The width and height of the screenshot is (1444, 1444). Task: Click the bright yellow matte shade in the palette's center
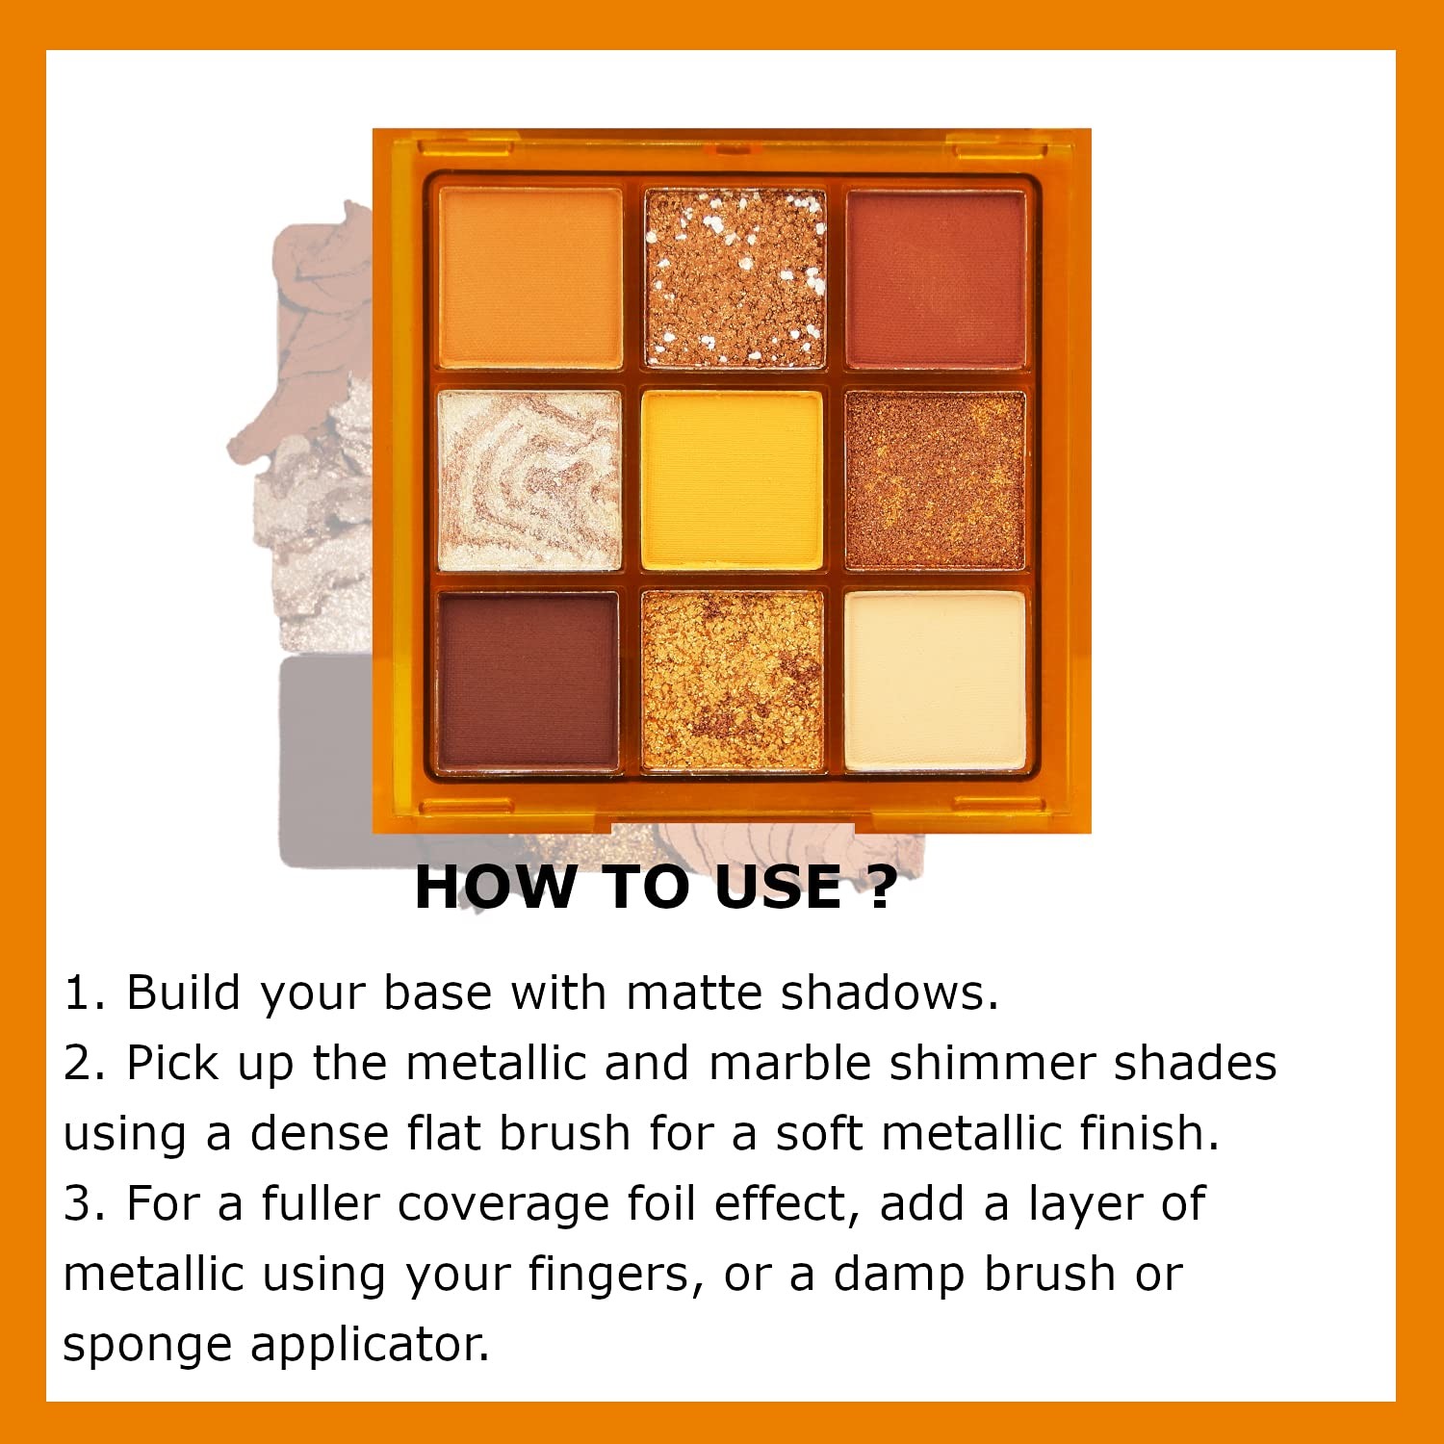pyautogui.click(x=733, y=480)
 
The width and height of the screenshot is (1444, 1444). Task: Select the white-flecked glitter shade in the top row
pyautogui.click(x=735, y=278)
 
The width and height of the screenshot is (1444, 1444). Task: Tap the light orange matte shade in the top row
pyautogui.click(x=530, y=277)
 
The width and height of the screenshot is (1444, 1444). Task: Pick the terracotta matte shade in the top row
pyautogui.click(x=936, y=279)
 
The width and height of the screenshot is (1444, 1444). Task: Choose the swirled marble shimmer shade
pyautogui.click(x=529, y=480)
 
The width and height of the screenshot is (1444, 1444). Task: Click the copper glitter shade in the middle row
pyautogui.click(x=935, y=480)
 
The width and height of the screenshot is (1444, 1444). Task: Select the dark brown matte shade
pyautogui.click(x=528, y=682)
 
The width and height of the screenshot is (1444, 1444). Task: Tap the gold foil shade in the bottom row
pyautogui.click(x=733, y=682)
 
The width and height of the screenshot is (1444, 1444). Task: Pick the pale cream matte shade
pyautogui.click(x=936, y=682)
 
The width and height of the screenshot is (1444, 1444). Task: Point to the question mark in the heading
pyautogui.click(x=882, y=887)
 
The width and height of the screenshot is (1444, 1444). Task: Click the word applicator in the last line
pyautogui.click(x=371, y=1346)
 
